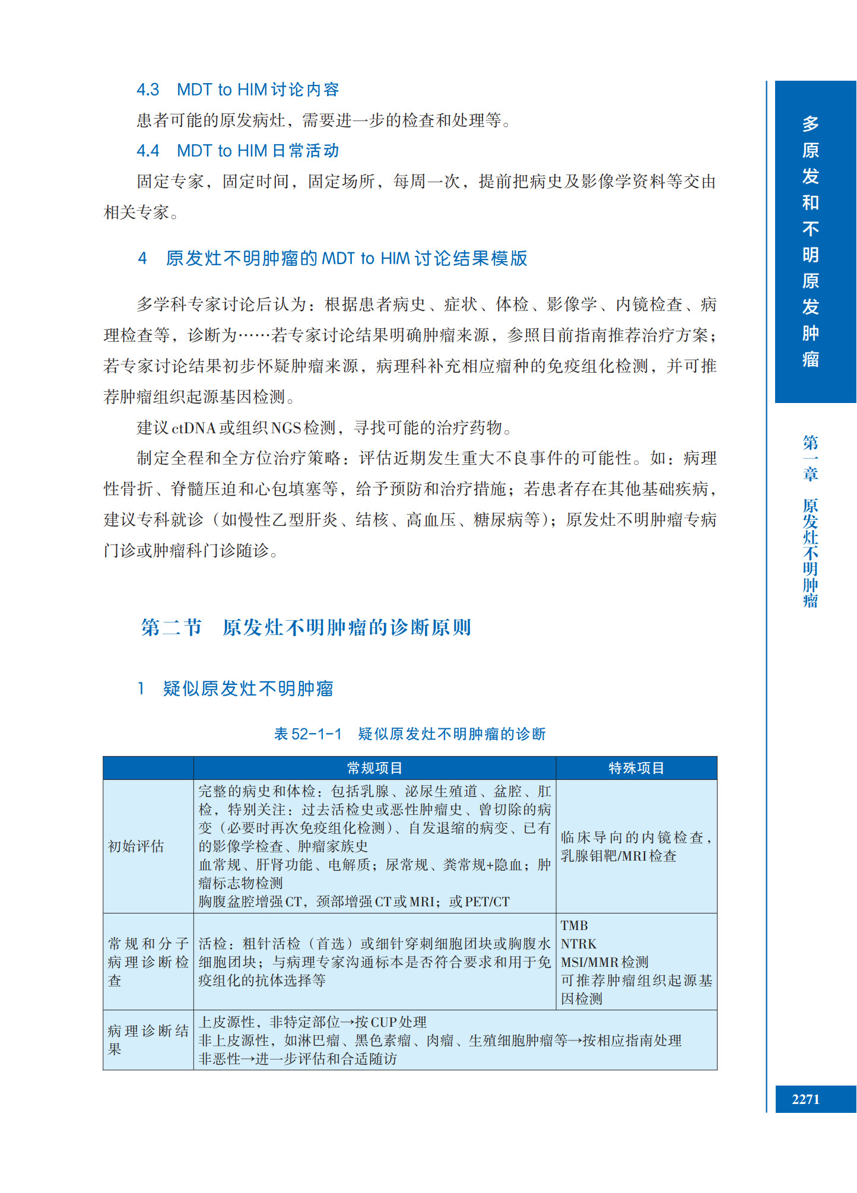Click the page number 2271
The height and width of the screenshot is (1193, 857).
click(x=805, y=1099)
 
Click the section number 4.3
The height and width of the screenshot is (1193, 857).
click(x=148, y=90)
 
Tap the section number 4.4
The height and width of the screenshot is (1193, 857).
click(x=148, y=151)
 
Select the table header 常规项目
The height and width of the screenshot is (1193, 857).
click(x=374, y=768)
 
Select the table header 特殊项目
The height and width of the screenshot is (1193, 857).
click(x=636, y=768)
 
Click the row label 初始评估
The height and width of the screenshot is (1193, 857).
click(x=136, y=846)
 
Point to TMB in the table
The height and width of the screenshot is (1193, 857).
click(x=574, y=925)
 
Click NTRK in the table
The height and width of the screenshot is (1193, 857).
click(x=579, y=944)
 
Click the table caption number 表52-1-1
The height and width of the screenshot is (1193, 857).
click(x=308, y=734)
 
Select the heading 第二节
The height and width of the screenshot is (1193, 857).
click(x=172, y=627)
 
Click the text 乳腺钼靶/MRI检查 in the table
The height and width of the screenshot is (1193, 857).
click(x=618, y=856)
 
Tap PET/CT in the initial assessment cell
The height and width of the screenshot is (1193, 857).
click(x=487, y=902)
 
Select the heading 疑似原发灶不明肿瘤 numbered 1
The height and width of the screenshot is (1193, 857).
click(x=248, y=688)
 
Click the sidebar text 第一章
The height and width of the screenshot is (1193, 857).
click(x=810, y=458)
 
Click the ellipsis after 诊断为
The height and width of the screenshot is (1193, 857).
click(x=255, y=336)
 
